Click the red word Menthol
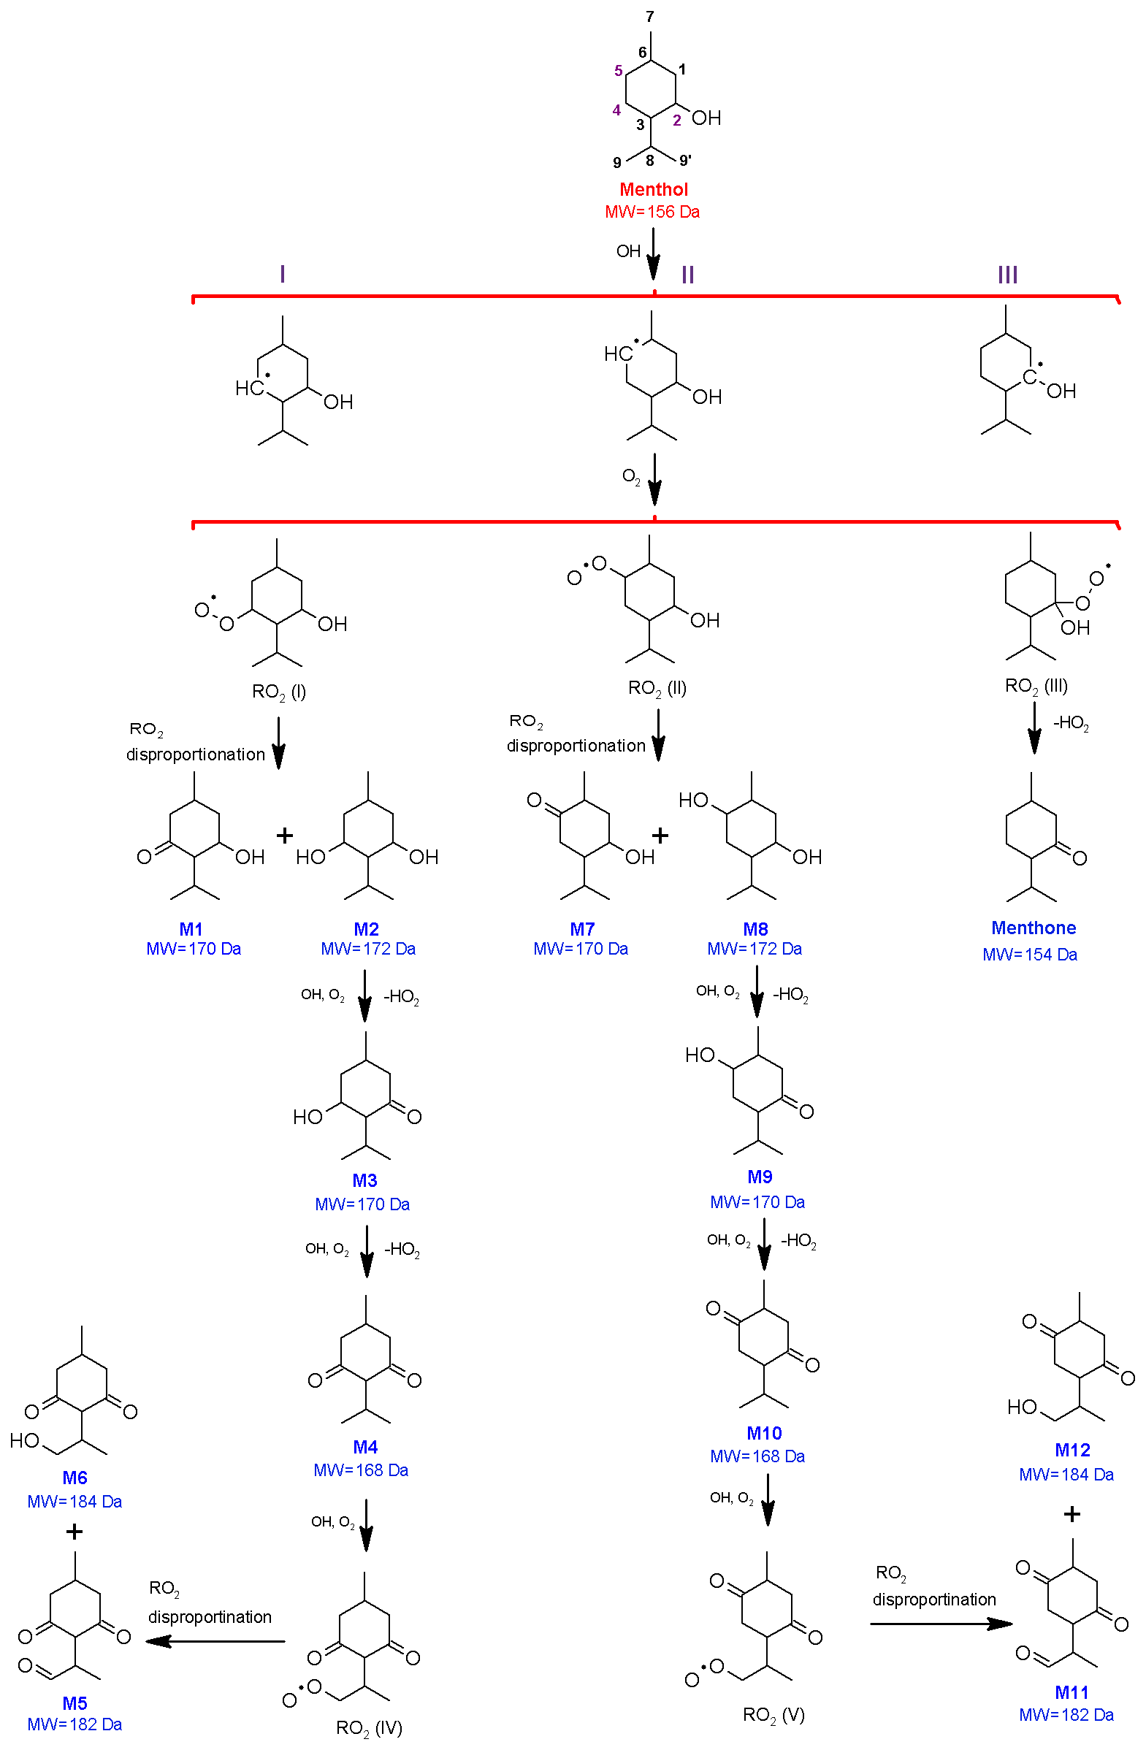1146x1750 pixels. [x=653, y=189]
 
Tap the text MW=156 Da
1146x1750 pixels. [x=652, y=212]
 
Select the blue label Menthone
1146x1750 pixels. [x=1033, y=928]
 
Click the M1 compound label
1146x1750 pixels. [x=191, y=929]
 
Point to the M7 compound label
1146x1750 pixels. [x=582, y=929]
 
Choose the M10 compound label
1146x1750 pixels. [x=764, y=1433]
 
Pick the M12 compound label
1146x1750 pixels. [x=1071, y=1450]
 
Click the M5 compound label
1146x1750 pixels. [x=75, y=1703]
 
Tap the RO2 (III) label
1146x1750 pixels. [x=1036, y=687]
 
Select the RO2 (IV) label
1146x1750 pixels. [x=369, y=1727]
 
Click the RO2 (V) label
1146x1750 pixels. [x=773, y=1715]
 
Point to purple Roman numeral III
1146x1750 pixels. [x=1007, y=275]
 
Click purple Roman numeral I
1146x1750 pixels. [x=282, y=275]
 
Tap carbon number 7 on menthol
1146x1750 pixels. [x=650, y=16]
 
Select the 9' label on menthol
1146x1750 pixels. [x=685, y=160]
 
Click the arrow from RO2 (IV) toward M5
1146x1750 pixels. [x=215, y=1641]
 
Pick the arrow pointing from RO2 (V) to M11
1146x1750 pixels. [x=941, y=1624]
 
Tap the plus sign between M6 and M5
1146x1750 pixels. [x=75, y=1532]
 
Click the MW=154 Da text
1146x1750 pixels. [x=1030, y=955]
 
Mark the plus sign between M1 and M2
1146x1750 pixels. [x=284, y=836]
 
